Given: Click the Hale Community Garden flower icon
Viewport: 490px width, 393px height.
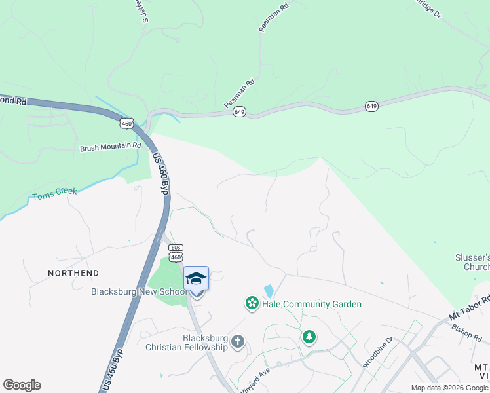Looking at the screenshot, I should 252,303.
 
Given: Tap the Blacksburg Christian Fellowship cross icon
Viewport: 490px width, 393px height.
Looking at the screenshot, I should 238,341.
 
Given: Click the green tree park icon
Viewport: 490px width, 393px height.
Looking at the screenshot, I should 309,337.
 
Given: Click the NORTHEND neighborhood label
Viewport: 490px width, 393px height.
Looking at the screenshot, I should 73,273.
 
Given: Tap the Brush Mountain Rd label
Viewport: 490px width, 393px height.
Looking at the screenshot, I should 110,147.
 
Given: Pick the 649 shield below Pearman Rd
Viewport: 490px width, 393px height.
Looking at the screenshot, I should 239,112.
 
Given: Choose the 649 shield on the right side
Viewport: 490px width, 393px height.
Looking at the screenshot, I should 372,105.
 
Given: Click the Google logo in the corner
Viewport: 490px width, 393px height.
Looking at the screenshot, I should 22,385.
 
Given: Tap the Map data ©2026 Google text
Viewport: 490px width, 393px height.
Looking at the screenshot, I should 449,388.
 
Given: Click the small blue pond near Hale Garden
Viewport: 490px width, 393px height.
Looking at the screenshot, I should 269,291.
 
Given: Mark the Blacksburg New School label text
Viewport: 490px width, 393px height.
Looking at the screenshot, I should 136,291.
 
